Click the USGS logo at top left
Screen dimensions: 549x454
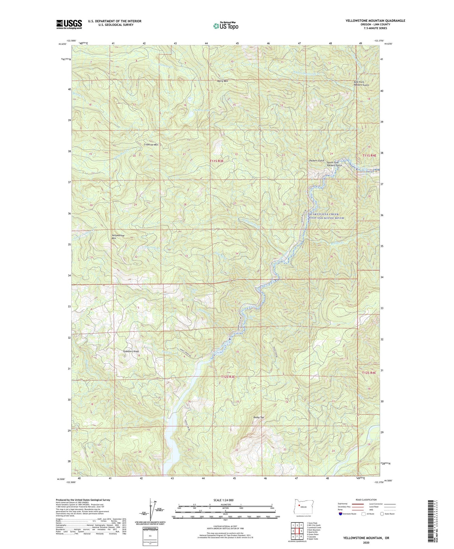click(x=69, y=24)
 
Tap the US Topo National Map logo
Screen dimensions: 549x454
click(x=225, y=26)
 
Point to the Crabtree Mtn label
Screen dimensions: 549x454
click(x=151, y=144)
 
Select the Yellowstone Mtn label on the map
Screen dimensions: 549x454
click(x=118, y=237)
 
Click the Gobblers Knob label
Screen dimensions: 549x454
click(x=131, y=351)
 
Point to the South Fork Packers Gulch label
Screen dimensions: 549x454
click(x=334, y=164)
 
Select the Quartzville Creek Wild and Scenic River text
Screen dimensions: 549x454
click(x=326, y=216)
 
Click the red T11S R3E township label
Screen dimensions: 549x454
click(x=217, y=161)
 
